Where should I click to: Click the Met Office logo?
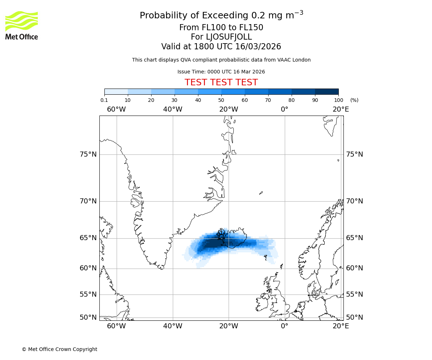coord(22,25)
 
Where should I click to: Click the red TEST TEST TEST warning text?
coord(221,82)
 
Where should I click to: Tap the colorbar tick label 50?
coord(221,100)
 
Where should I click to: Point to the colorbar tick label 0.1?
coord(104,100)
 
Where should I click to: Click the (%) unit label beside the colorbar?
coord(354,100)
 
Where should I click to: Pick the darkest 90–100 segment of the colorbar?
coord(327,91)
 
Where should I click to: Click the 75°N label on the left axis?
coord(88,154)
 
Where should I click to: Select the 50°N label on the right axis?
coord(355,317)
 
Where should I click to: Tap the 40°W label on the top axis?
coord(172,109)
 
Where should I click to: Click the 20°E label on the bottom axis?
coord(341,326)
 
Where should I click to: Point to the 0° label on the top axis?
coord(284,109)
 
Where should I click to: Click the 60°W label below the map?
coord(116,326)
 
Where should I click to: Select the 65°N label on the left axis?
coord(88,238)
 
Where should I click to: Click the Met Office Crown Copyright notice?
coord(59,349)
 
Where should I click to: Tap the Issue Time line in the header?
coord(221,72)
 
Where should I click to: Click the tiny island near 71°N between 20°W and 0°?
coord(261,193)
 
